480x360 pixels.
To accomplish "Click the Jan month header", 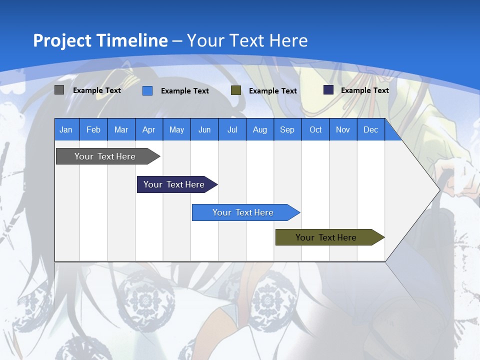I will (66, 130).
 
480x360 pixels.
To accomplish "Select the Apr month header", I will (149, 130).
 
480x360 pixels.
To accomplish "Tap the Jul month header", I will (232, 130).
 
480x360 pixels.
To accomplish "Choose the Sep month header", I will (287, 130).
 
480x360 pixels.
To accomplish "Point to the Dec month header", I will (370, 130).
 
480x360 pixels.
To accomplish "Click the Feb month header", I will (93, 130).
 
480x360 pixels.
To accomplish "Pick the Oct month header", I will (315, 130).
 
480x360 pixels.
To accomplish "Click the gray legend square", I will (59, 90).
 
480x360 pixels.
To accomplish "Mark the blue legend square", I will (147, 90).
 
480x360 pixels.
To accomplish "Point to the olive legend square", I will (236, 90).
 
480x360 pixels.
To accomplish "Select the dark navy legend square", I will (328, 90).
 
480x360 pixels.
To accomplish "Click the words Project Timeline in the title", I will (100, 40).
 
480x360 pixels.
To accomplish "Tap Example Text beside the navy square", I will (364, 90).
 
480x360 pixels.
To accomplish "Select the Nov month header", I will (343, 130).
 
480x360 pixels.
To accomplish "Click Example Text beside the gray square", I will (97, 90).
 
